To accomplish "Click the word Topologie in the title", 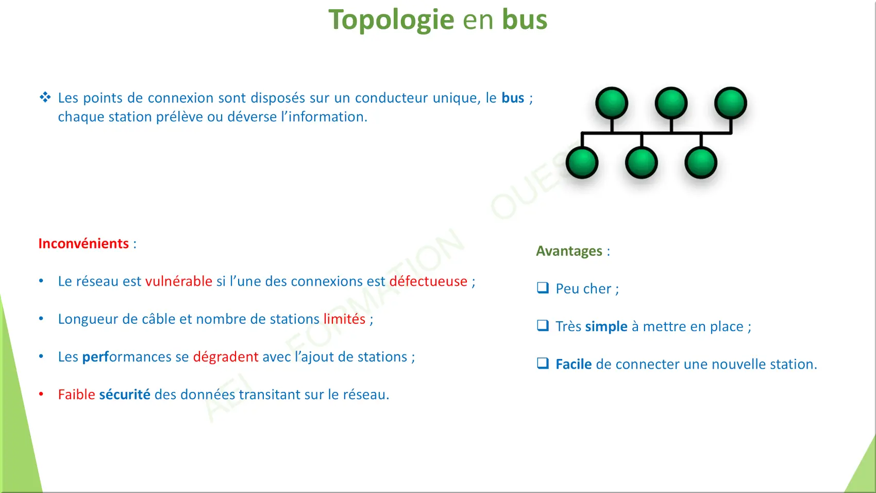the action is tap(391, 20).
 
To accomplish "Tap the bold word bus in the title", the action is tap(525, 19).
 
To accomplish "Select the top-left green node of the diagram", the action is tap(612, 103).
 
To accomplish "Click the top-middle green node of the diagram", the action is tap(671, 103).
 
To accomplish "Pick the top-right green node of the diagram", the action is tap(731, 103).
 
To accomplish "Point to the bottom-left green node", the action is tap(582, 162).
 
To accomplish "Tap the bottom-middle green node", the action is tap(642, 162).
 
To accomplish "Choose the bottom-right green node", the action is tap(701, 162).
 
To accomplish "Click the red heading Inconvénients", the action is tap(83, 243).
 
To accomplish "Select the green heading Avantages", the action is tap(569, 251).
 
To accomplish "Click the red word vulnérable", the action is tap(179, 281).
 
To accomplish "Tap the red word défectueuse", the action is tap(428, 281).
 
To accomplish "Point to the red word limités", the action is tap(344, 319).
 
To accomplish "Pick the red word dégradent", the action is tap(226, 357).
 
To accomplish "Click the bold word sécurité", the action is tap(125, 395).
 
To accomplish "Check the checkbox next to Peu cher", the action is tap(543, 288).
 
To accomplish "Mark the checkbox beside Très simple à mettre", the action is tap(543, 325).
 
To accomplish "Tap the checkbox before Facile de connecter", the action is tap(543, 363).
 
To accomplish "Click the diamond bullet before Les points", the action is tap(45, 97).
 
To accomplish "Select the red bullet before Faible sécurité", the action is tap(41, 394).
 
